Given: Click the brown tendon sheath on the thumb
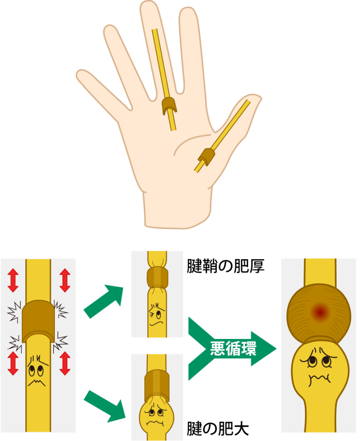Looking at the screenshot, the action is (x=207, y=156).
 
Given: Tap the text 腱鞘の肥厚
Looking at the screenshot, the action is (x=225, y=266).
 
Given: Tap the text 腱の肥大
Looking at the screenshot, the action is (x=218, y=429).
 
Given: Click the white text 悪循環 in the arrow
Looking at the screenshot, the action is (x=233, y=348).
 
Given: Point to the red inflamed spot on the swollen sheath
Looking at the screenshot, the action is (x=319, y=311).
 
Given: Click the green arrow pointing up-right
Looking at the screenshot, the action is (x=104, y=301).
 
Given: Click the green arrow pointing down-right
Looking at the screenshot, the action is (x=105, y=406).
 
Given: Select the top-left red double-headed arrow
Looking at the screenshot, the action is (x=13, y=280).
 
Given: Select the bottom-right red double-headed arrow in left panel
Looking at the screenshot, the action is (x=65, y=363).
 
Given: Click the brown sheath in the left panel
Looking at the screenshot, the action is (x=38, y=320).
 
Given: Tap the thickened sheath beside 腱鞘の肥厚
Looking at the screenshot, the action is (x=157, y=277).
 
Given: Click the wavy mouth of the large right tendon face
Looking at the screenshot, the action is (x=319, y=380).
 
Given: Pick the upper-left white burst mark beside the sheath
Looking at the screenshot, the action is (x=14, y=311).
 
